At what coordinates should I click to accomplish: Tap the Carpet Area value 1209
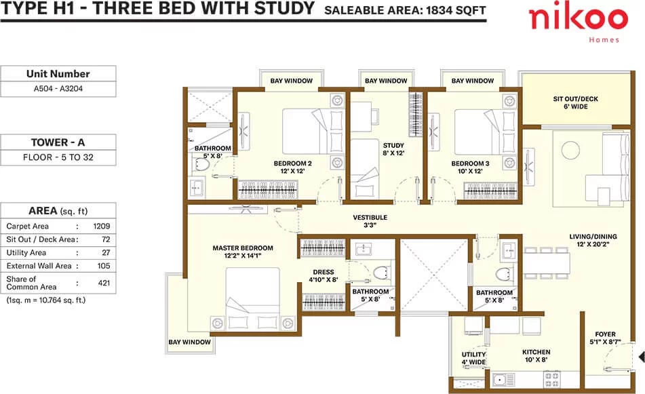coord(102,226)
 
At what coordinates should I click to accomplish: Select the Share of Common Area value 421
coord(104,283)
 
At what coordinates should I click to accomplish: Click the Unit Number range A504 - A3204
coord(58,88)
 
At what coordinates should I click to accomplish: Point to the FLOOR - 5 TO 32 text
coord(58,157)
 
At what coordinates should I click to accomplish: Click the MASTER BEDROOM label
coord(243,248)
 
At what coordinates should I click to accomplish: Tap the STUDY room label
coord(393,145)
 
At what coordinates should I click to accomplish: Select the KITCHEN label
coord(536,352)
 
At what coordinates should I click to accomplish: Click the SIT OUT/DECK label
coord(576,99)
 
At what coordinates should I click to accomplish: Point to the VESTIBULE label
coord(370,217)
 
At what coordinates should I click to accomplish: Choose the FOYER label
coord(605,334)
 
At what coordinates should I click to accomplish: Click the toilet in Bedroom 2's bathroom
coord(201,165)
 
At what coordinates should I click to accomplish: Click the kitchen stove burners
coord(551,379)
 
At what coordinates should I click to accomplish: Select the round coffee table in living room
coord(570,149)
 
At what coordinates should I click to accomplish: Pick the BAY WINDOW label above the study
coord(386,81)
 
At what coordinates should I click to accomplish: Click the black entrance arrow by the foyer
coord(642,356)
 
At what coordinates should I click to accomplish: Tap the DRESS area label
coord(324,272)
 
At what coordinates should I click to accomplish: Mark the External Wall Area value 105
coord(104,266)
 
